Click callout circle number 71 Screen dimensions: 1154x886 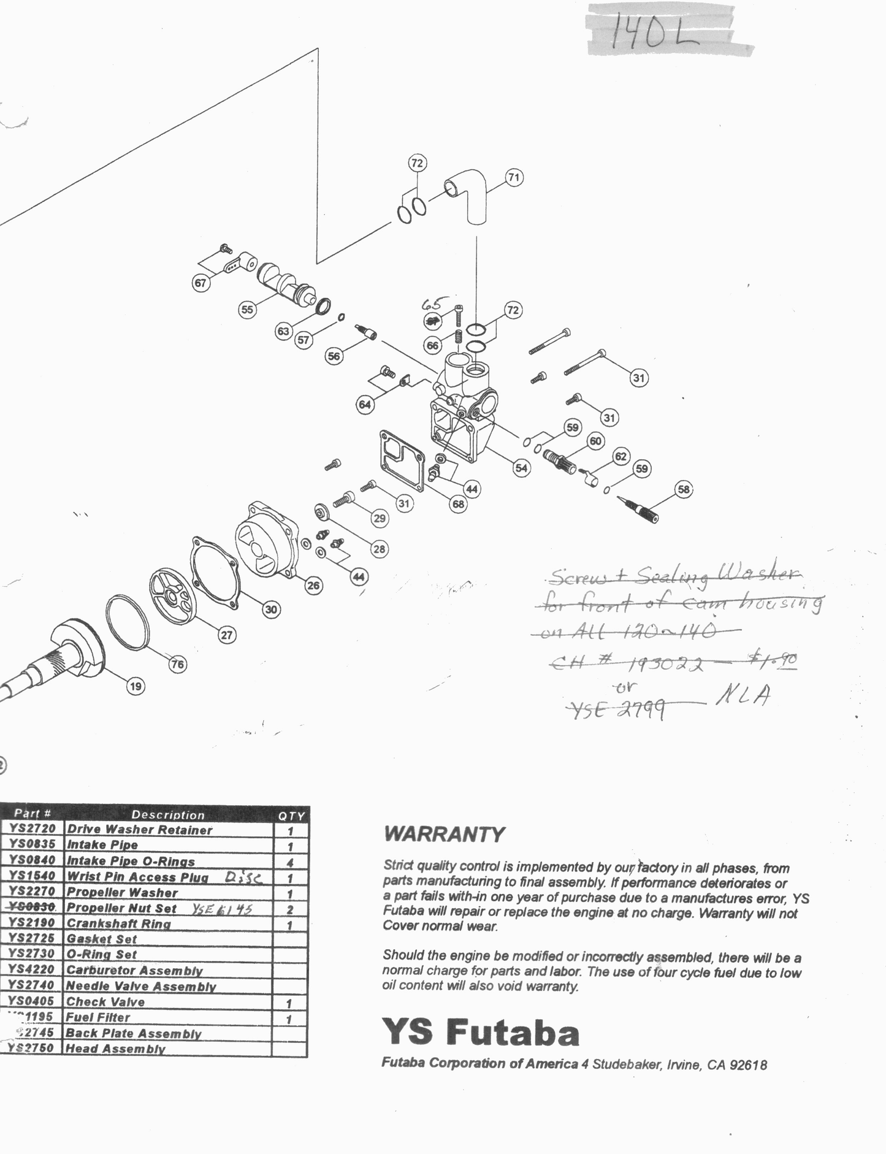tap(514, 178)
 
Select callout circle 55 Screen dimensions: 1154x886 tap(246, 310)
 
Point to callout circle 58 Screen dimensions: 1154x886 tap(684, 489)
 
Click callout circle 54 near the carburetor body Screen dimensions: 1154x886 tap(521, 468)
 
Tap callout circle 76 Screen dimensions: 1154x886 tap(177, 664)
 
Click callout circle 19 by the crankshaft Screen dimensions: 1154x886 tap(136, 686)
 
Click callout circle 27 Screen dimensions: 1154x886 tap(227, 635)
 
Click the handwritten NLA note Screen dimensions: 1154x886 tap(743, 697)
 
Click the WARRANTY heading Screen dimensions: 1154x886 tap(444, 834)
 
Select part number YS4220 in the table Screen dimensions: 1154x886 tap(32, 969)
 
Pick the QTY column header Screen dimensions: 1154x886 tap(291, 816)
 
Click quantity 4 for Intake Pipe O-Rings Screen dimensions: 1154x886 tap(290, 862)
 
